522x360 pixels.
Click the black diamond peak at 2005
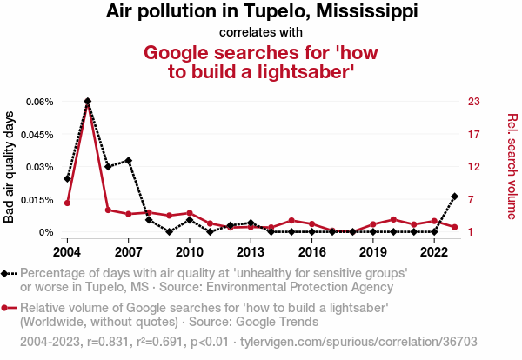88,102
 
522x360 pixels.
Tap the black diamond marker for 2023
455,197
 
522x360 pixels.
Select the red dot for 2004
67,203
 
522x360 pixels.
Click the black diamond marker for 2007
129,160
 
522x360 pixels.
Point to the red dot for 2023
455,227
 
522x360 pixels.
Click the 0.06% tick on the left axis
39,102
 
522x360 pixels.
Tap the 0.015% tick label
37,200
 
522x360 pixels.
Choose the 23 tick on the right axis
474,102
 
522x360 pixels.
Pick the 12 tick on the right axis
474,167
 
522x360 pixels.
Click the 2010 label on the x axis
190,251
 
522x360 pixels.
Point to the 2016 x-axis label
311,251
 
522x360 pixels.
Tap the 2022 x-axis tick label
434,251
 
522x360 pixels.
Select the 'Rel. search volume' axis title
512,166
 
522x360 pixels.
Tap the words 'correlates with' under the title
261,33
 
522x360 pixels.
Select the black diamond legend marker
9,274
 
